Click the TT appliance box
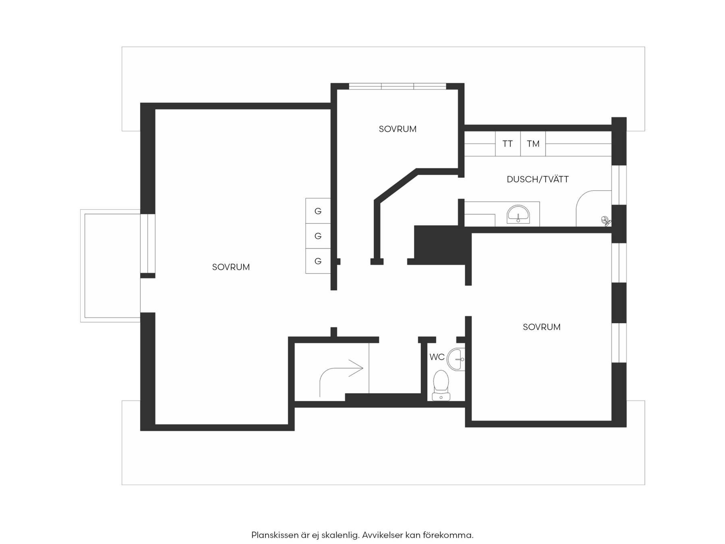click(507, 143)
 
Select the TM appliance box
click(533, 143)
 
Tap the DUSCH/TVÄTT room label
click(538, 179)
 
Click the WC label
click(437, 357)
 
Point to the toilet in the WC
click(441, 386)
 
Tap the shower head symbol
click(605, 221)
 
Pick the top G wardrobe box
click(318, 211)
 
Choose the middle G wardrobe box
click(318, 236)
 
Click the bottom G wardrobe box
click(318, 261)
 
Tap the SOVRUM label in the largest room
click(231, 267)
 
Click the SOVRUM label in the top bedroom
click(398, 129)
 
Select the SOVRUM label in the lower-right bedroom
click(542, 327)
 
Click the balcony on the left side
click(110, 266)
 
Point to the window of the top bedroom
click(398, 86)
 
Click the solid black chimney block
click(442, 245)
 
